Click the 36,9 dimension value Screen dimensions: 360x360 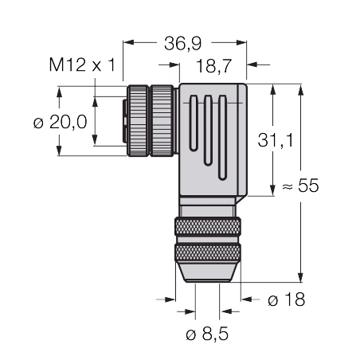[182, 43]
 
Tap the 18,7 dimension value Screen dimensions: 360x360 [214, 66]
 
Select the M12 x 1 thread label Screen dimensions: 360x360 [82, 65]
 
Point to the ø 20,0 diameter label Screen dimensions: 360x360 [61, 123]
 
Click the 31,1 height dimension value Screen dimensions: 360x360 [276, 140]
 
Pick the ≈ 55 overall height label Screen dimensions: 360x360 [300, 185]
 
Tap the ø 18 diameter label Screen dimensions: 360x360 [287, 299]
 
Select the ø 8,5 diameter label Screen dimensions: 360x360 [207, 334]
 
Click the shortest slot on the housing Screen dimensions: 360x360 [194, 123]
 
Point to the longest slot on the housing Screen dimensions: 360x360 [222, 138]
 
